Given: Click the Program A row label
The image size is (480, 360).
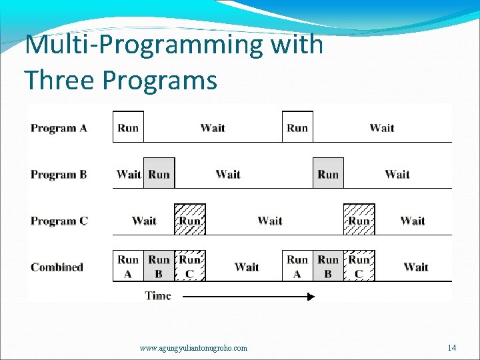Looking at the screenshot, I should coord(59,128).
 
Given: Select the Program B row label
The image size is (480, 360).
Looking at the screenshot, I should coord(59,175).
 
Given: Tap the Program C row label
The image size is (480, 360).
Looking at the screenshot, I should coord(59,221).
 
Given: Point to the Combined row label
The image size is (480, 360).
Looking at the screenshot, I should coord(57,267).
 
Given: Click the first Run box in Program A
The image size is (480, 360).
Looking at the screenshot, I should coord(128,127).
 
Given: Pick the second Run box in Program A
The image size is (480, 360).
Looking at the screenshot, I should coord(297,127).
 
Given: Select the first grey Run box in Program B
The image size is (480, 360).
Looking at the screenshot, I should coord(159,173).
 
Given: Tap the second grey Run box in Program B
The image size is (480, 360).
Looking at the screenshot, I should coord(328,173).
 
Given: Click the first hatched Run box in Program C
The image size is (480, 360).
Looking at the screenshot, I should coord(190,220).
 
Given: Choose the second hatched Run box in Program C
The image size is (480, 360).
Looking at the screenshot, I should coord(359,220).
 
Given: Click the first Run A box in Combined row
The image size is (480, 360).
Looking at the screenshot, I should coord(128,266).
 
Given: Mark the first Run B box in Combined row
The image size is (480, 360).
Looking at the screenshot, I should coord(159,266).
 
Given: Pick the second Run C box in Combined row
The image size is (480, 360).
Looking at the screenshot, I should coord(359,266).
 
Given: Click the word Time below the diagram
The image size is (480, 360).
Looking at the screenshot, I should coord(158,296).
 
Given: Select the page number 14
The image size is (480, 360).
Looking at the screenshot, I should coord(452,348).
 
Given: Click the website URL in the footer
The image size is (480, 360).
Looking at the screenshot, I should coord(193,348).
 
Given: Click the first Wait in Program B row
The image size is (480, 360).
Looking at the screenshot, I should coord(128,174).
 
